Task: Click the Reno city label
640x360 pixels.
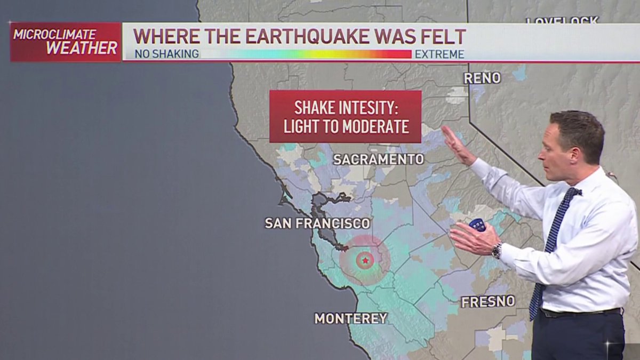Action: click(482, 78)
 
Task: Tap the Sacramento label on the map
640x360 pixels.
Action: click(379, 159)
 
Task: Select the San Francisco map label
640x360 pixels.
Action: click(317, 223)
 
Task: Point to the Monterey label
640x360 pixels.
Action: click(350, 318)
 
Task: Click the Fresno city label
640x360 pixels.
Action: click(488, 301)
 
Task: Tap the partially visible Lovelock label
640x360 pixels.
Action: click(562, 21)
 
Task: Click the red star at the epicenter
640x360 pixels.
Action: click(365, 260)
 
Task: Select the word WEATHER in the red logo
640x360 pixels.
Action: click(82, 48)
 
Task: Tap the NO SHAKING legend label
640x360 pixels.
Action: click(166, 54)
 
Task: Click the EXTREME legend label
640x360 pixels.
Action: click(439, 54)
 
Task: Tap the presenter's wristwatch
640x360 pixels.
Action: click(497, 250)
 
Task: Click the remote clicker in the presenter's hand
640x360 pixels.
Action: click(477, 225)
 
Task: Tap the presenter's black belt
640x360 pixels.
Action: click(581, 313)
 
